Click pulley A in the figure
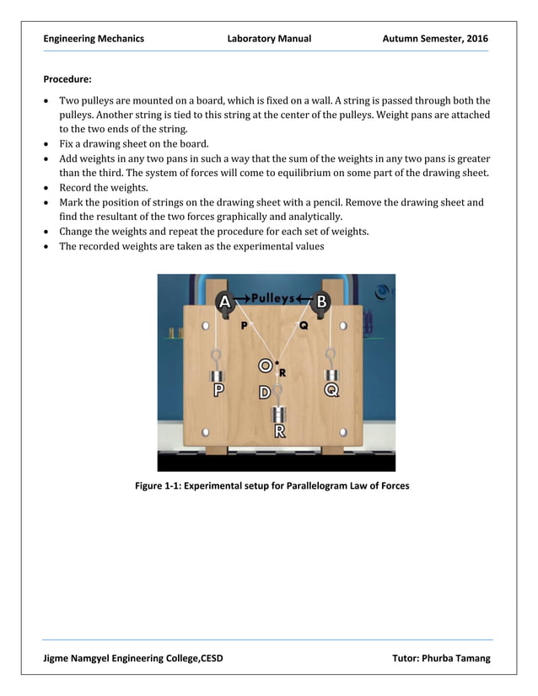[x=224, y=302]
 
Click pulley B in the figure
[x=321, y=301]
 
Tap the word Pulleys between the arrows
[x=272, y=298]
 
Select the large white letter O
[x=265, y=366]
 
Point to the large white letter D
[x=265, y=393]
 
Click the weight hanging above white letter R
[x=279, y=414]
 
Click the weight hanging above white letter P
[x=218, y=374]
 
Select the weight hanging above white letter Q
[x=331, y=374]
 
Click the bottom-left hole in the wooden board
[x=206, y=432]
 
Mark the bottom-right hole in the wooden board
[x=342, y=432]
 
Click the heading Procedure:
[x=67, y=80]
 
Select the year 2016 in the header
[x=476, y=39]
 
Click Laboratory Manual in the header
[x=269, y=39]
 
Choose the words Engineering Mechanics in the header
[x=94, y=39]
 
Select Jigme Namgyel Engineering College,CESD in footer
[x=133, y=658]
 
